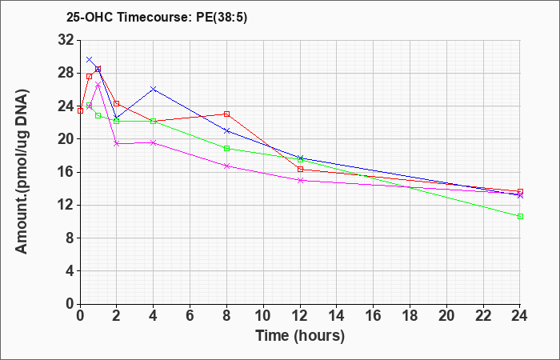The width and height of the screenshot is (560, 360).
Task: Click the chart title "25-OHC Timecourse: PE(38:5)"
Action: (x=157, y=18)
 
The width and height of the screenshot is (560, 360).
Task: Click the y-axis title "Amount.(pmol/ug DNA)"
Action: (x=22, y=171)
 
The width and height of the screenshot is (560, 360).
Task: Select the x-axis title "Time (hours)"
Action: (x=300, y=336)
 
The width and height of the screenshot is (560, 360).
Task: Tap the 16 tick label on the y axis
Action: (x=66, y=172)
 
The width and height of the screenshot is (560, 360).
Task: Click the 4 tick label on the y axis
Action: (x=70, y=271)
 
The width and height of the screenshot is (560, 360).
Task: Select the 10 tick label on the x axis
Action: (x=263, y=316)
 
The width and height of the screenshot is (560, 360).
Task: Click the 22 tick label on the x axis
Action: (x=483, y=316)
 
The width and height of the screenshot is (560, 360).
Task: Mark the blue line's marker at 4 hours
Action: (x=154, y=89)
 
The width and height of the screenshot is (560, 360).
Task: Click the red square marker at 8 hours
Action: (x=226, y=114)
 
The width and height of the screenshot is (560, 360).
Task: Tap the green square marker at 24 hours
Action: (x=520, y=217)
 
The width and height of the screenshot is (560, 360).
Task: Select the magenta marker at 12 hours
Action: (x=300, y=180)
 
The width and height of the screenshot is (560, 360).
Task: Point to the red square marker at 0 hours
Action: (x=80, y=110)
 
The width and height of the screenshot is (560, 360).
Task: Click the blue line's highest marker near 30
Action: (x=90, y=59)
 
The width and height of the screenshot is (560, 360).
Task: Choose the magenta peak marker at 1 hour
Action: (x=98, y=85)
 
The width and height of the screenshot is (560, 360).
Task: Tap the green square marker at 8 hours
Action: (x=226, y=149)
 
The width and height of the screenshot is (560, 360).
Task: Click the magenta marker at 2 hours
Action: (x=117, y=143)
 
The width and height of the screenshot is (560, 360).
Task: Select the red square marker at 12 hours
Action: (x=300, y=170)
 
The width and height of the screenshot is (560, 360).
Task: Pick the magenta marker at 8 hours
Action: (x=226, y=166)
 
